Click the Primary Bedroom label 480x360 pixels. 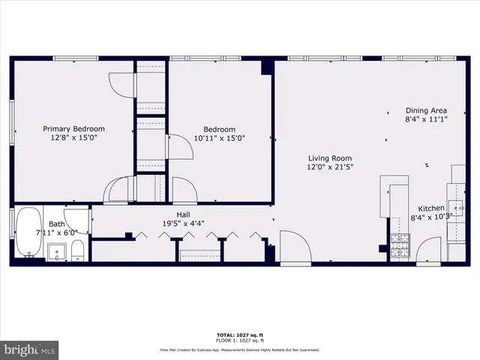73,128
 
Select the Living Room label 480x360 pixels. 330,158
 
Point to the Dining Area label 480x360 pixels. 426,109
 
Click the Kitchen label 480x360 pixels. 431,208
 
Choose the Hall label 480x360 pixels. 183,214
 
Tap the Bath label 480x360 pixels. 57,223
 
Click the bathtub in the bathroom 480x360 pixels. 28,233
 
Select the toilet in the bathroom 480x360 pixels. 77,252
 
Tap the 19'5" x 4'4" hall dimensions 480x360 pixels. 184,223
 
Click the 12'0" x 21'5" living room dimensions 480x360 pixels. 330,167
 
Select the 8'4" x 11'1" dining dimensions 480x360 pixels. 426,118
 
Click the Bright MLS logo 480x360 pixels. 30,349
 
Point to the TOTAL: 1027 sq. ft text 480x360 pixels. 240,334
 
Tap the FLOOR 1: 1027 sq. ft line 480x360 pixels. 240,341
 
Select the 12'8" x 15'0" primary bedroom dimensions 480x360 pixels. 73,138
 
